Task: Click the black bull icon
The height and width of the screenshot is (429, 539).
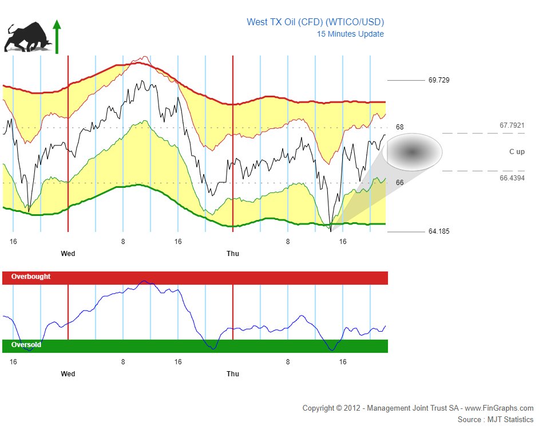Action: coord(27,37)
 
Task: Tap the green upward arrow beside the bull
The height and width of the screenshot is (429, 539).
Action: coord(57,37)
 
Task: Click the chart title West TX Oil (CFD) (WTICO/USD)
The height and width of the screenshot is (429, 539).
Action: coord(315,22)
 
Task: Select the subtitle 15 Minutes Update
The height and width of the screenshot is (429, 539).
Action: coord(350,34)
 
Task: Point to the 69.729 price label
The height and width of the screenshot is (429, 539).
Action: coord(439,80)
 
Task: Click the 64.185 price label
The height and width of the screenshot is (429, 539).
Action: coord(439,231)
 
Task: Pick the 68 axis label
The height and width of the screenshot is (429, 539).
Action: coord(399,127)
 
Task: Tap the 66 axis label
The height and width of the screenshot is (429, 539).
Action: coord(399,183)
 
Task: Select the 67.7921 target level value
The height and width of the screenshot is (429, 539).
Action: coord(512,125)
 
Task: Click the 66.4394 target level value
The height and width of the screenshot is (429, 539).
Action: coord(512,178)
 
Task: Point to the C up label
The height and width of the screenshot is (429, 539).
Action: coord(517,151)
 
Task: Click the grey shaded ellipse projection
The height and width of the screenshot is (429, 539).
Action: coord(412,152)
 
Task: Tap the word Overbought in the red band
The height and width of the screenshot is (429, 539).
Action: coord(31,277)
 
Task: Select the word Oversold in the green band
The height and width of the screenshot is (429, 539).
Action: coord(26,345)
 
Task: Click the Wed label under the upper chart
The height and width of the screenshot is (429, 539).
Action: coord(68,254)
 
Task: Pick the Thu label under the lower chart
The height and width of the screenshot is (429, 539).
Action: coord(233,374)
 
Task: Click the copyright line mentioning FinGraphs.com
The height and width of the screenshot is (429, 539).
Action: coord(418,408)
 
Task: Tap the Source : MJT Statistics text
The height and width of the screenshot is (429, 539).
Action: coord(496,420)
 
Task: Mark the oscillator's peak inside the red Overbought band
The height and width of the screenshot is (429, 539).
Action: coord(144,281)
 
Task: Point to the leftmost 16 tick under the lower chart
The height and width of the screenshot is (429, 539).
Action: coord(13,362)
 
